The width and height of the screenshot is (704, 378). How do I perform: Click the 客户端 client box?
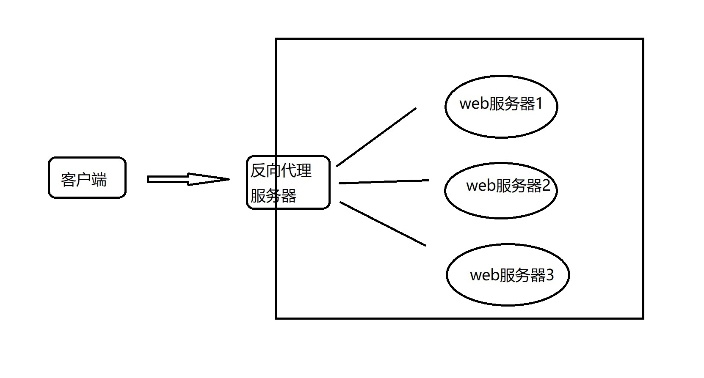[87, 178]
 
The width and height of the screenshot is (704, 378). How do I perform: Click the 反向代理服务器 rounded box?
[288, 182]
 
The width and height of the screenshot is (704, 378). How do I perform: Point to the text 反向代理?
[281, 170]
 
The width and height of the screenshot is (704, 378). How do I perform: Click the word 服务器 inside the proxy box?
[273, 195]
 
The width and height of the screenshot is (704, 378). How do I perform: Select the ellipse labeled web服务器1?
[501, 107]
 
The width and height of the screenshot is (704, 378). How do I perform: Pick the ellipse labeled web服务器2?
[501, 190]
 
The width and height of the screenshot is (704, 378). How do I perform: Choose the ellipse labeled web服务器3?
[508, 275]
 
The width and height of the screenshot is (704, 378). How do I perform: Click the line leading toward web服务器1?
[376, 137]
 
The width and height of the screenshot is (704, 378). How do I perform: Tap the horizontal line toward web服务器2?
[384, 182]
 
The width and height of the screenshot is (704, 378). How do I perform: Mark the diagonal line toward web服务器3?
[383, 224]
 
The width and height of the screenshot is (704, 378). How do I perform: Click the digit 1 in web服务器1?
[539, 104]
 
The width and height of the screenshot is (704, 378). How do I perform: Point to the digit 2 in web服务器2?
[546, 185]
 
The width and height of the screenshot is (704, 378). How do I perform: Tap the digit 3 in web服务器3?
[549, 275]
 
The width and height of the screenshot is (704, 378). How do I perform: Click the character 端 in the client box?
[99, 180]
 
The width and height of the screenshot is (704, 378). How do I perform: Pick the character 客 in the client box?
[69, 180]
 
